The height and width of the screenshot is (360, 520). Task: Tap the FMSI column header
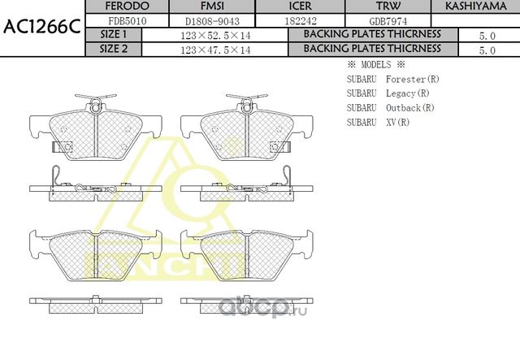[x=213, y=7]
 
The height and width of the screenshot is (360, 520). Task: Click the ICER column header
[x=295, y=7]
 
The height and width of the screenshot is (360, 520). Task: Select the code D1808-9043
[x=213, y=20]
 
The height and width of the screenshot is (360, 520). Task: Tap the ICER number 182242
[x=295, y=20]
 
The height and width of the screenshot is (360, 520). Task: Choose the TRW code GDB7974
[x=378, y=20]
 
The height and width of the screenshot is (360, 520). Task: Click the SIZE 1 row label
[x=113, y=35]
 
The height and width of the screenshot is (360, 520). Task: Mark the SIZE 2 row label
[x=113, y=49]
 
